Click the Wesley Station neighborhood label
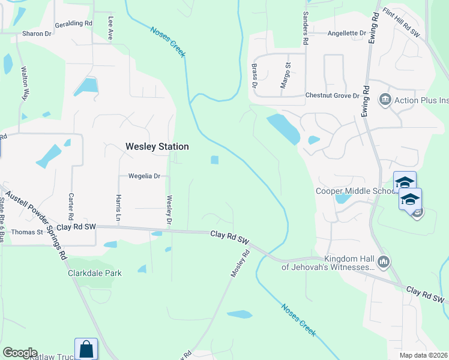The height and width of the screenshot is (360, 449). [157, 146]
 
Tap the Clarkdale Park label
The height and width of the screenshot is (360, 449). [94, 273]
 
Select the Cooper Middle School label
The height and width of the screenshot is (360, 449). [354, 191]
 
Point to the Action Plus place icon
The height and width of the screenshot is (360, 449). [384, 99]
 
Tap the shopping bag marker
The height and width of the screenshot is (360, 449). [86, 348]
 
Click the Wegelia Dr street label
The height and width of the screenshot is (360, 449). [144, 176]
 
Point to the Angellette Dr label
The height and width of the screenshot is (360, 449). [346, 33]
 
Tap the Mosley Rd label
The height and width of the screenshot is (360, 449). [240, 265]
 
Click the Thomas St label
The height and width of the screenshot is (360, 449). [27, 232]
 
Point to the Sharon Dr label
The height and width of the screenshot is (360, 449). [37, 34]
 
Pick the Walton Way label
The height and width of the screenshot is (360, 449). [25, 83]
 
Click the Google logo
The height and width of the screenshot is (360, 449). [20, 352]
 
